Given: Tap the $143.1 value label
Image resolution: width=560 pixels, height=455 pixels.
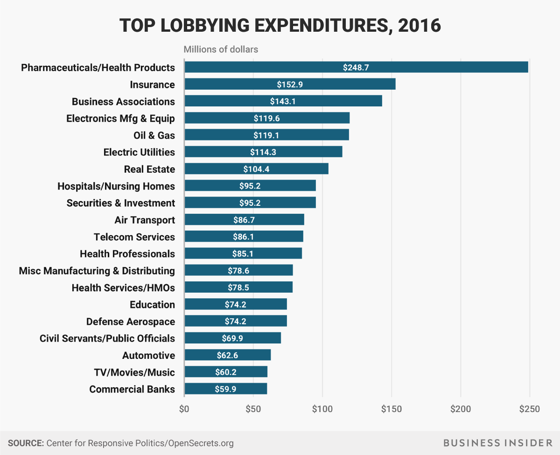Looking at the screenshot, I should (283, 101).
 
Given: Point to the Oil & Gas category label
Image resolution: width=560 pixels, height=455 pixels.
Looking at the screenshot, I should (154, 135).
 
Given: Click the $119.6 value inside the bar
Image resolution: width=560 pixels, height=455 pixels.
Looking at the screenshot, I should (267, 118).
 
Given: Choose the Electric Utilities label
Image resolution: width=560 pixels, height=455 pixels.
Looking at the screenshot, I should (139, 152).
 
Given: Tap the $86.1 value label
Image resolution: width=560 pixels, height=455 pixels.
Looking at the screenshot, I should (244, 237).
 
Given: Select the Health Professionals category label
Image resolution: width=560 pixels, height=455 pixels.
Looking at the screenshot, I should (127, 254).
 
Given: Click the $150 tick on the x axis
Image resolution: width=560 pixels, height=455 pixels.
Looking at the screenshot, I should (392, 409).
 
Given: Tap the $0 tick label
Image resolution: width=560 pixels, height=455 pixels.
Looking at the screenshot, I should (184, 409).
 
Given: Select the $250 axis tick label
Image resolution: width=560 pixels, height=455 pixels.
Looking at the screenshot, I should (530, 409).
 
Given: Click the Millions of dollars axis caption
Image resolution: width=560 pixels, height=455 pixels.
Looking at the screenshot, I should (221, 49).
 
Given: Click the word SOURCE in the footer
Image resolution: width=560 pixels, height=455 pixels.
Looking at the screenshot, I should (25, 443).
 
